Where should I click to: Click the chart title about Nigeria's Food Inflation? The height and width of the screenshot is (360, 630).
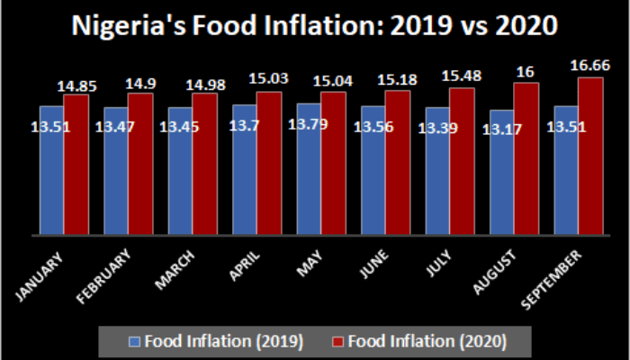click(x=315, y=26)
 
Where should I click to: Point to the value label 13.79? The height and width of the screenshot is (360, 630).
click(x=309, y=121)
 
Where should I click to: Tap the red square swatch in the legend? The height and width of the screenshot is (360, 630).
click(x=338, y=341)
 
